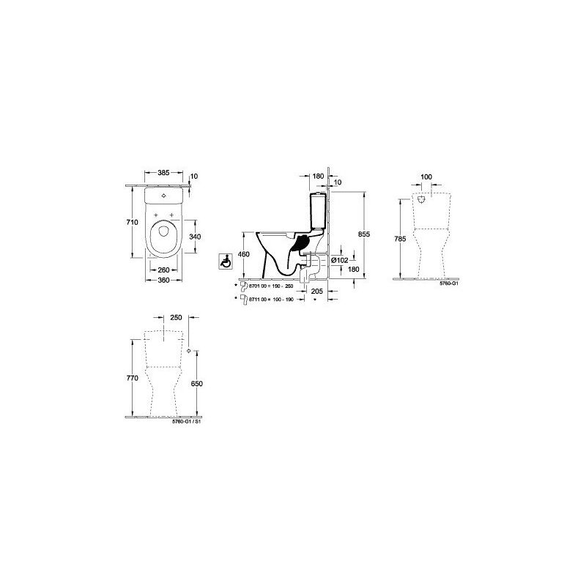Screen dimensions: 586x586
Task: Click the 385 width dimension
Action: coord(163,173)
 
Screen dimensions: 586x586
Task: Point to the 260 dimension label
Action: coord(164,269)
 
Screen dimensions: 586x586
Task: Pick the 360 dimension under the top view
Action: coord(163,281)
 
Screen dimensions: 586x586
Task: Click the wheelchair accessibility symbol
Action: coord(227,259)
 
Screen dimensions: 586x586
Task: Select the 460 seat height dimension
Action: coord(245,254)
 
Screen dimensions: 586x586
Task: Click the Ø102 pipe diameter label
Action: coord(339,259)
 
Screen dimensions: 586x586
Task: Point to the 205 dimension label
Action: coord(316,291)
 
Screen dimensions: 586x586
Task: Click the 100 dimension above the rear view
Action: coord(427,177)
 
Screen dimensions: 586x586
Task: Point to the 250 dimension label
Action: coord(175,317)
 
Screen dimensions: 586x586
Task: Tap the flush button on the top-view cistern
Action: coord(163,196)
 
